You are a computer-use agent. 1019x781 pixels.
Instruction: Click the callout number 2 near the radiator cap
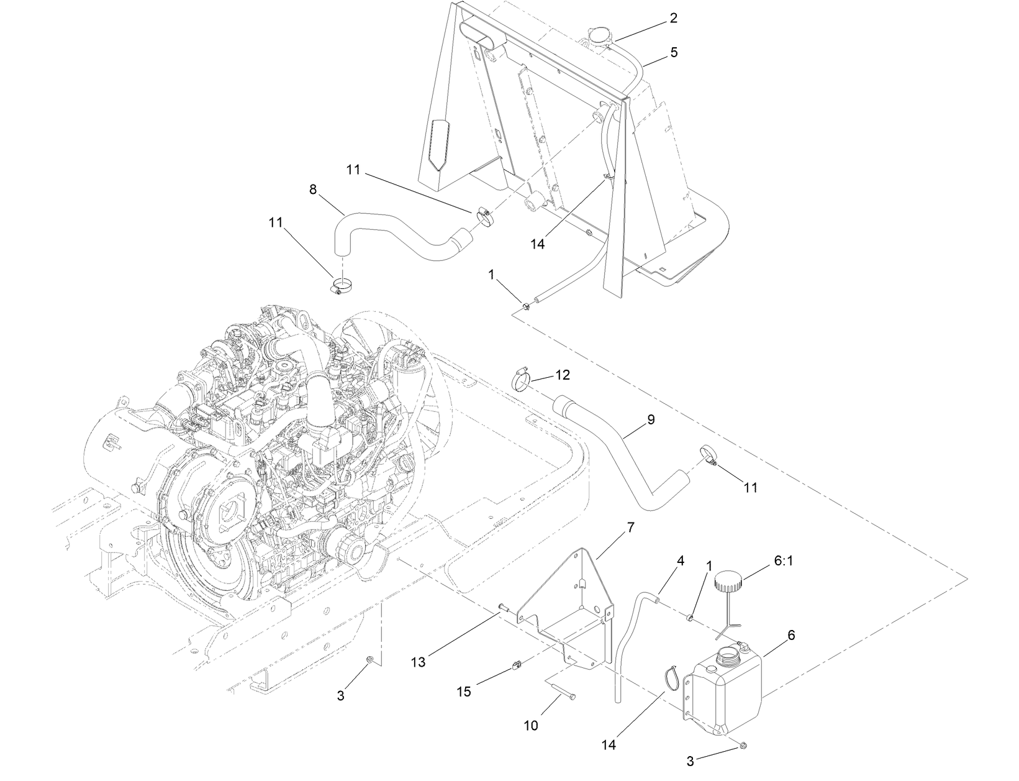click(673, 18)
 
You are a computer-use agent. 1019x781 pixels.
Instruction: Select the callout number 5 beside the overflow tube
click(674, 53)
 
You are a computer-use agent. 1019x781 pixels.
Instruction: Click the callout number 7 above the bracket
click(630, 528)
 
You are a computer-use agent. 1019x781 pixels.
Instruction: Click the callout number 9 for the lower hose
click(651, 419)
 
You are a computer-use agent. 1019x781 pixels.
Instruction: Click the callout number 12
click(562, 375)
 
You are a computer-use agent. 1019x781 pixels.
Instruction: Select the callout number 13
click(418, 662)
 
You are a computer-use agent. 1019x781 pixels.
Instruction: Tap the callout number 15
click(464, 692)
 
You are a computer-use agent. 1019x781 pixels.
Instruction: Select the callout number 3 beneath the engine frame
click(340, 696)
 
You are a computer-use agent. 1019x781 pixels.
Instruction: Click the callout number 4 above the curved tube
click(681, 560)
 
